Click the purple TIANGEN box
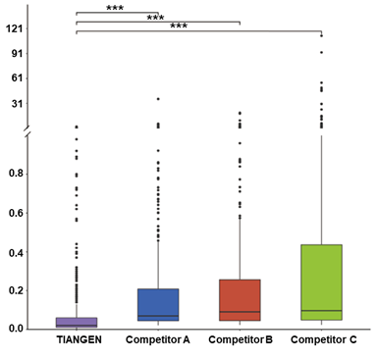(x=77, y=323)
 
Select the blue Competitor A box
(x=158, y=305)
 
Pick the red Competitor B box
(x=240, y=300)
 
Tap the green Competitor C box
(x=322, y=283)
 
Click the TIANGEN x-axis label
(x=79, y=339)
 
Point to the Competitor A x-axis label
(x=158, y=340)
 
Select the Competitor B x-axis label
(x=241, y=340)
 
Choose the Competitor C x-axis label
(x=324, y=340)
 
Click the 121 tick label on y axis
(x=15, y=28)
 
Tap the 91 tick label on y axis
(x=18, y=53)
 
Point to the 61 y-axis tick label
(x=18, y=78)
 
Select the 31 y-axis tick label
(x=18, y=104)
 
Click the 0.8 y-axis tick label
(x=17, y=174)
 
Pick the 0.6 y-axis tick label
(x=17, y=213)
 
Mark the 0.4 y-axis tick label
(x=17, y=252)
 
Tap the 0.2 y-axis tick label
(x=17, y=290)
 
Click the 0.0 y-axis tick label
(x=17, y=329)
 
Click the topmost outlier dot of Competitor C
(x=322, y=35)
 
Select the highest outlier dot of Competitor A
(x=158, y=99)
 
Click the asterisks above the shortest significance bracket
(x=115, y=8)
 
